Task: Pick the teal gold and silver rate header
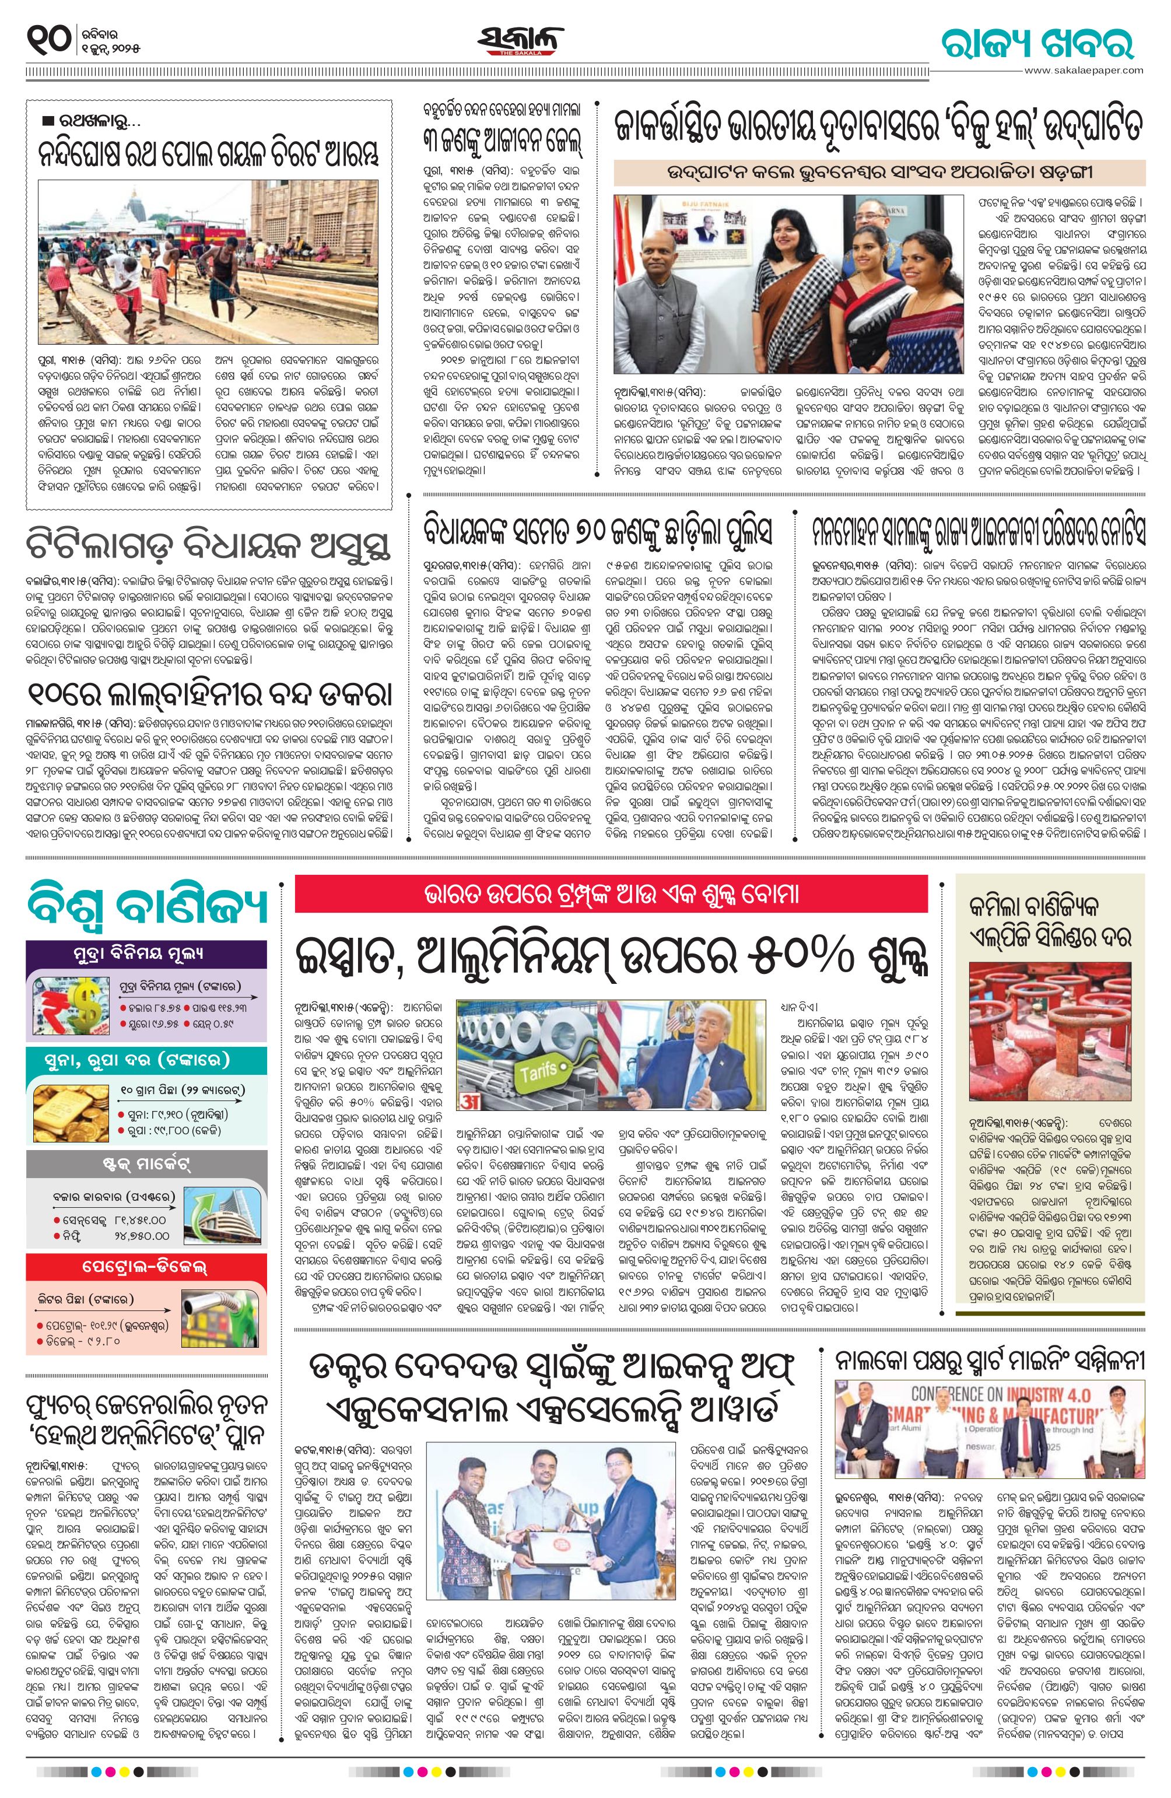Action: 146,1059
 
